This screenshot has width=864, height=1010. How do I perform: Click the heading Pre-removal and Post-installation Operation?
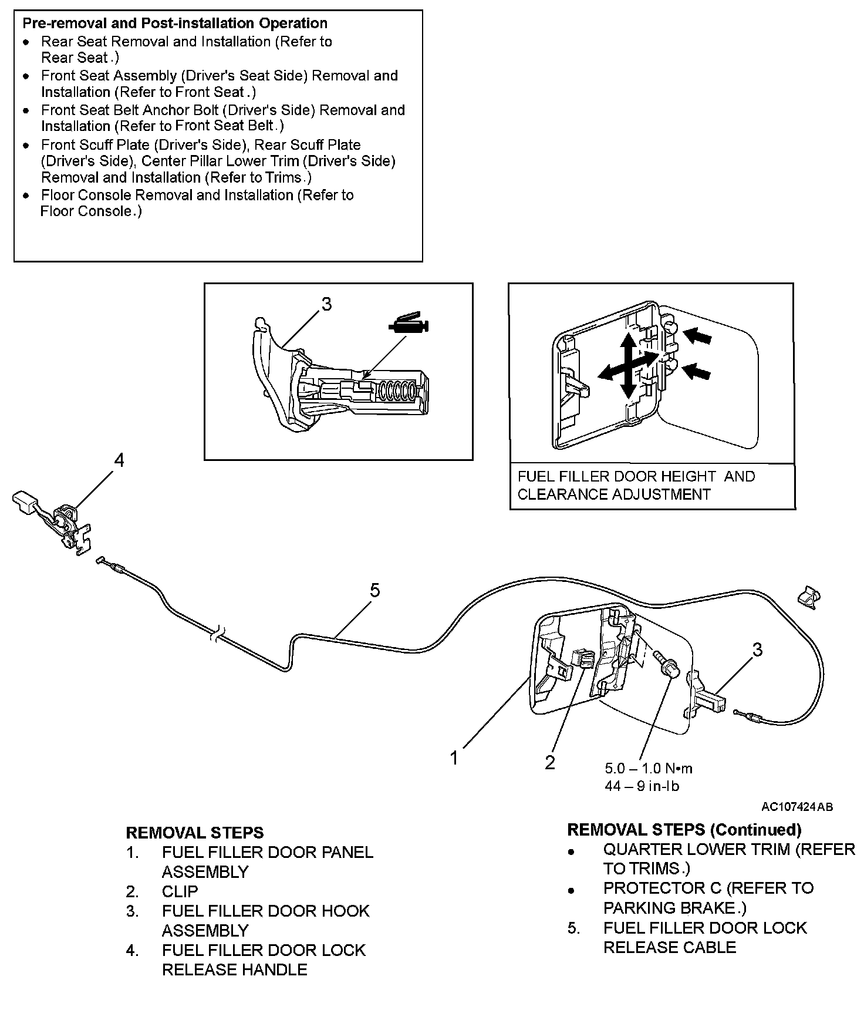point(174,23)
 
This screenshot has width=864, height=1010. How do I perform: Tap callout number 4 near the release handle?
point(119,461)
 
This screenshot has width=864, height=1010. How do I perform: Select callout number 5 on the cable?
point(375,590)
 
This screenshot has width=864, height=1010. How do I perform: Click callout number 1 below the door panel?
point(454,759)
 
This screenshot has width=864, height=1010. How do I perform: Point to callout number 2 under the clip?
point(550,762)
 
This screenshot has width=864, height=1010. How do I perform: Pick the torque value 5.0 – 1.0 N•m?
point(649,768)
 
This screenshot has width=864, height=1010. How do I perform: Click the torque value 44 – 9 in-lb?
point(642,786)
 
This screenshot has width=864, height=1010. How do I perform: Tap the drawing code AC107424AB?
point(797,807)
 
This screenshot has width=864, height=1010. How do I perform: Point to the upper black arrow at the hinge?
point(699,336)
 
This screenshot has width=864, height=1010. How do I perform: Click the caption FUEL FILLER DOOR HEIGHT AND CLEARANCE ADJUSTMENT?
point(636,485)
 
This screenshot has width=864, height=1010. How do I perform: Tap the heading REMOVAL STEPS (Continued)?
point(684,830)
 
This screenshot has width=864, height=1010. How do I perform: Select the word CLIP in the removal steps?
point(180,891)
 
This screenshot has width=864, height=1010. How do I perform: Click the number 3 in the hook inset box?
point(326,304)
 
